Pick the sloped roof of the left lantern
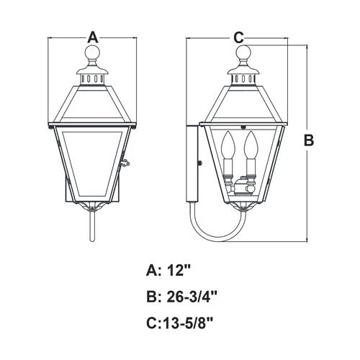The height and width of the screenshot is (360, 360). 92,104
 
